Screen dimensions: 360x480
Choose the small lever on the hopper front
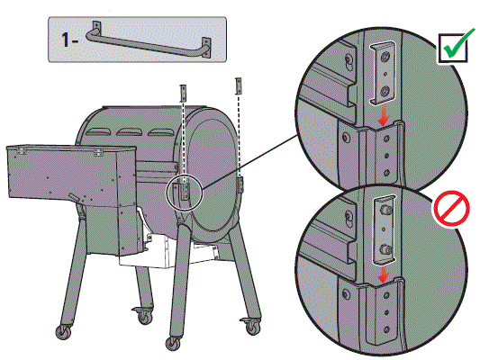70,198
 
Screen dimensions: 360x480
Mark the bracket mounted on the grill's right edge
240,184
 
